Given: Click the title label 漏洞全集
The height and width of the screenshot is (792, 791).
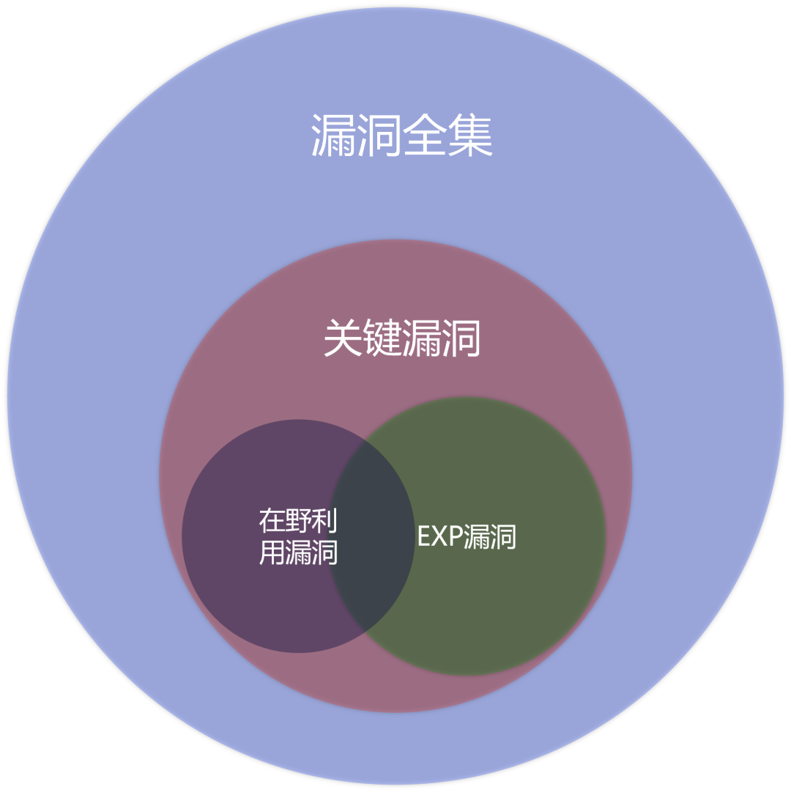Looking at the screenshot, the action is tap(402, 136).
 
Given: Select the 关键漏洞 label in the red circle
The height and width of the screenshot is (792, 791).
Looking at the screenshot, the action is tap(401, 339).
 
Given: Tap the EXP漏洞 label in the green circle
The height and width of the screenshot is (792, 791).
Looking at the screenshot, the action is tap(467, 537).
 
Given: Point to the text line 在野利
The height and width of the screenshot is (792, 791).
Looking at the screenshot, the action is tap(298, 521).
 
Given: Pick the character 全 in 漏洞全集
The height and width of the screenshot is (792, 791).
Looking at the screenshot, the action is tap(426, 136).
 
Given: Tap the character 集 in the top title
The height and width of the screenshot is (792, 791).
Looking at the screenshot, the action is tap(471, 136).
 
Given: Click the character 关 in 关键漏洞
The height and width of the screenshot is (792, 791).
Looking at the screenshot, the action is tap(343, 339).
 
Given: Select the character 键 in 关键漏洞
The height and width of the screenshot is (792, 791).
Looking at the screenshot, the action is tap(382, 339).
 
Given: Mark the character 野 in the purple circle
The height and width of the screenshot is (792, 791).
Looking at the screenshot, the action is tap(298, 521).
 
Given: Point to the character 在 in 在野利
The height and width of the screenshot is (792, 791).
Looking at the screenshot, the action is tap(272, 521).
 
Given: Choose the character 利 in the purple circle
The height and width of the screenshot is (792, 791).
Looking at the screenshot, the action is tap(324, 521).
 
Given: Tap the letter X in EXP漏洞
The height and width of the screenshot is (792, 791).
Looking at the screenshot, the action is tap(437, 537).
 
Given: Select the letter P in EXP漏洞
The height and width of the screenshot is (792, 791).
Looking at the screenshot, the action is tap(452, 537).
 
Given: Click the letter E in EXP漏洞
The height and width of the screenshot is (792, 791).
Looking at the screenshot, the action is tap(423, 537).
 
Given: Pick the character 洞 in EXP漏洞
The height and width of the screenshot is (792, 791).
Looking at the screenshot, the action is tap(503, 537).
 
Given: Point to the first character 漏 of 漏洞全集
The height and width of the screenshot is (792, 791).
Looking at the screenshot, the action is tap(333, 136).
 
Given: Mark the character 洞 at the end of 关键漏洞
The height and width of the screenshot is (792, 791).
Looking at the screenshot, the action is tap(461, 339).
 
